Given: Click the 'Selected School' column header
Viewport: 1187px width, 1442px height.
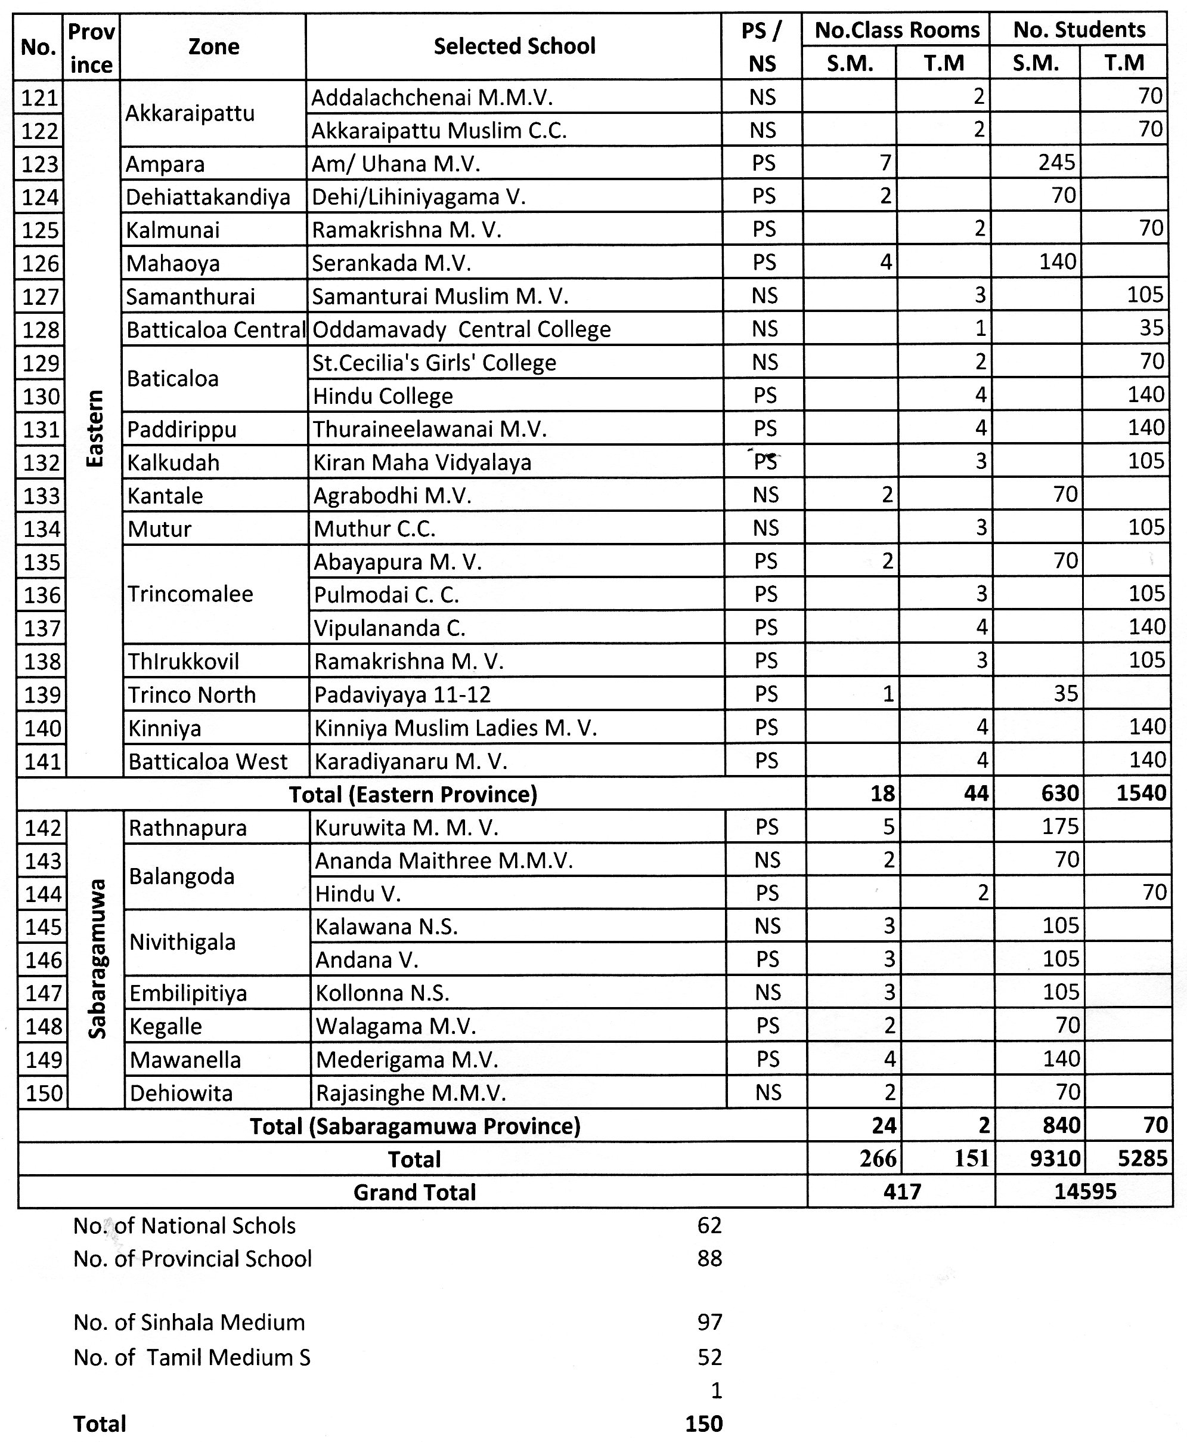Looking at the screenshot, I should coord(514,47).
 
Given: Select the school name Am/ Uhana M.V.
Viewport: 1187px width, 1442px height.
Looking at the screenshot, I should coord(396,164).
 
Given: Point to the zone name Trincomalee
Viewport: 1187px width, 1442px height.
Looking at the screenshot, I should coord(190,594).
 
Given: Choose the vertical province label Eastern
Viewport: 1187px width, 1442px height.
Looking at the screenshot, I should coord(94,428).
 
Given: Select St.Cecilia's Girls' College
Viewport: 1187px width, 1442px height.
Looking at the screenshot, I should coord(434,363).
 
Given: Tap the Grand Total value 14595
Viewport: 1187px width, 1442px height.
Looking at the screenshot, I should coord(1084,1191).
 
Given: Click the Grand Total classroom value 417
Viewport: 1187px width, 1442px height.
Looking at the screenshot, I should coord(901,1191).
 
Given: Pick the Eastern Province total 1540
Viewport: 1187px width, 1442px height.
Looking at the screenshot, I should coord(1140,793).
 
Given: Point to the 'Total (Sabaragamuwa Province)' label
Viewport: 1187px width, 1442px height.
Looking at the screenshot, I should coord(414,1125).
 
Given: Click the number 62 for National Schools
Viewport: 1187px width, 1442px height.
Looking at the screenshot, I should coord(709,1225).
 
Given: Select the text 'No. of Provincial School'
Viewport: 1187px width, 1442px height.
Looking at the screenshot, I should coord(192,1259).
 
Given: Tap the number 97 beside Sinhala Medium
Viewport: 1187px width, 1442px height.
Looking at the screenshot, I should coord(709,1322).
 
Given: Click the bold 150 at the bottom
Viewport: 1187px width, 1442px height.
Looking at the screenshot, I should coord(703,1424).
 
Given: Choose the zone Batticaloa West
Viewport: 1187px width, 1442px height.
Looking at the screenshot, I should coord(208,761).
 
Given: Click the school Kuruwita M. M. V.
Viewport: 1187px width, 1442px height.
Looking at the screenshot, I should coord(406,827).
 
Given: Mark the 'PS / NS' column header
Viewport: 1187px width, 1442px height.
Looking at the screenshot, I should coord(762,47).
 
